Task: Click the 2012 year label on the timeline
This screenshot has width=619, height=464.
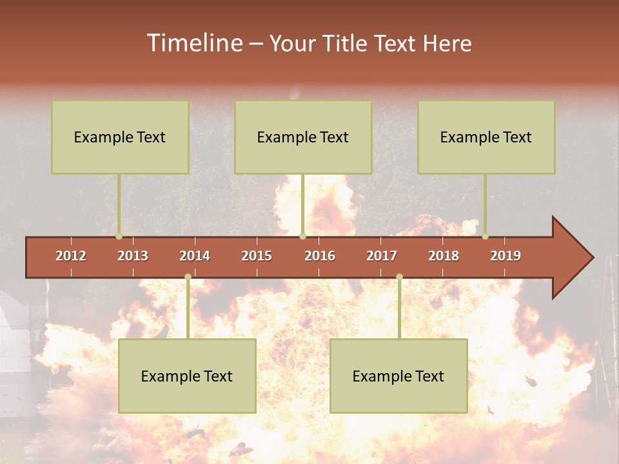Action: pyautogui.click(x=71, y=256)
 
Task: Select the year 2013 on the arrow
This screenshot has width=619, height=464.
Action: pyautogui.click(x=133, y=256)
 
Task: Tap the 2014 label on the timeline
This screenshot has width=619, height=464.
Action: pyautogui.click(x=195, y=256)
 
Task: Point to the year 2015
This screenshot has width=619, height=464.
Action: pyautogui.click(x=257, y=256)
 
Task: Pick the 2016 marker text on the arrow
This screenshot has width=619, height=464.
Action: pyautogui.click(x=320, y=256)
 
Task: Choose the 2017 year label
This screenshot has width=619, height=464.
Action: pyautogui.click(x=382, y=256)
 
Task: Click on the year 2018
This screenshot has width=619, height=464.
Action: pyautogui.click(x=444, y=256)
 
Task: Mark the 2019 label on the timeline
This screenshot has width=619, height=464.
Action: pyautogui.click(x=506, y=256)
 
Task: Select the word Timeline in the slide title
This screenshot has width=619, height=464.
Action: pyautogui.click(x=193, y=43)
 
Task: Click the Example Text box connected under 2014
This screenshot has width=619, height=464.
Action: pyautogui.click(x=187, y=376)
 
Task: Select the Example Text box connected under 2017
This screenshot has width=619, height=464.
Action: pyautogui.click(x=398, y=376)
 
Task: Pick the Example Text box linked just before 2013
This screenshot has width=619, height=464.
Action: pyautogui.click(x=120, y=137)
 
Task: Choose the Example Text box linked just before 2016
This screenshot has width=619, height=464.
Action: pyautogui.click(x=303, y=137)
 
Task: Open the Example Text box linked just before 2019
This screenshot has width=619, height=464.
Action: pyautogui.click(x=486, y=137)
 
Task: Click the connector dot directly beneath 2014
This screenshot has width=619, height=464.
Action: pyautogui.click(x=188, y=277)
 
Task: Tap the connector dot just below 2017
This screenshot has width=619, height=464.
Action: pyautogui.click(x=399, y=277)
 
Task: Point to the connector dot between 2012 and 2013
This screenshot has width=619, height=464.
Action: pyautogui.click(x=119, y=236)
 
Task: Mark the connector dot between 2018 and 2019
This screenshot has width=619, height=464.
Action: pyautogui.click(x=485, y=236)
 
